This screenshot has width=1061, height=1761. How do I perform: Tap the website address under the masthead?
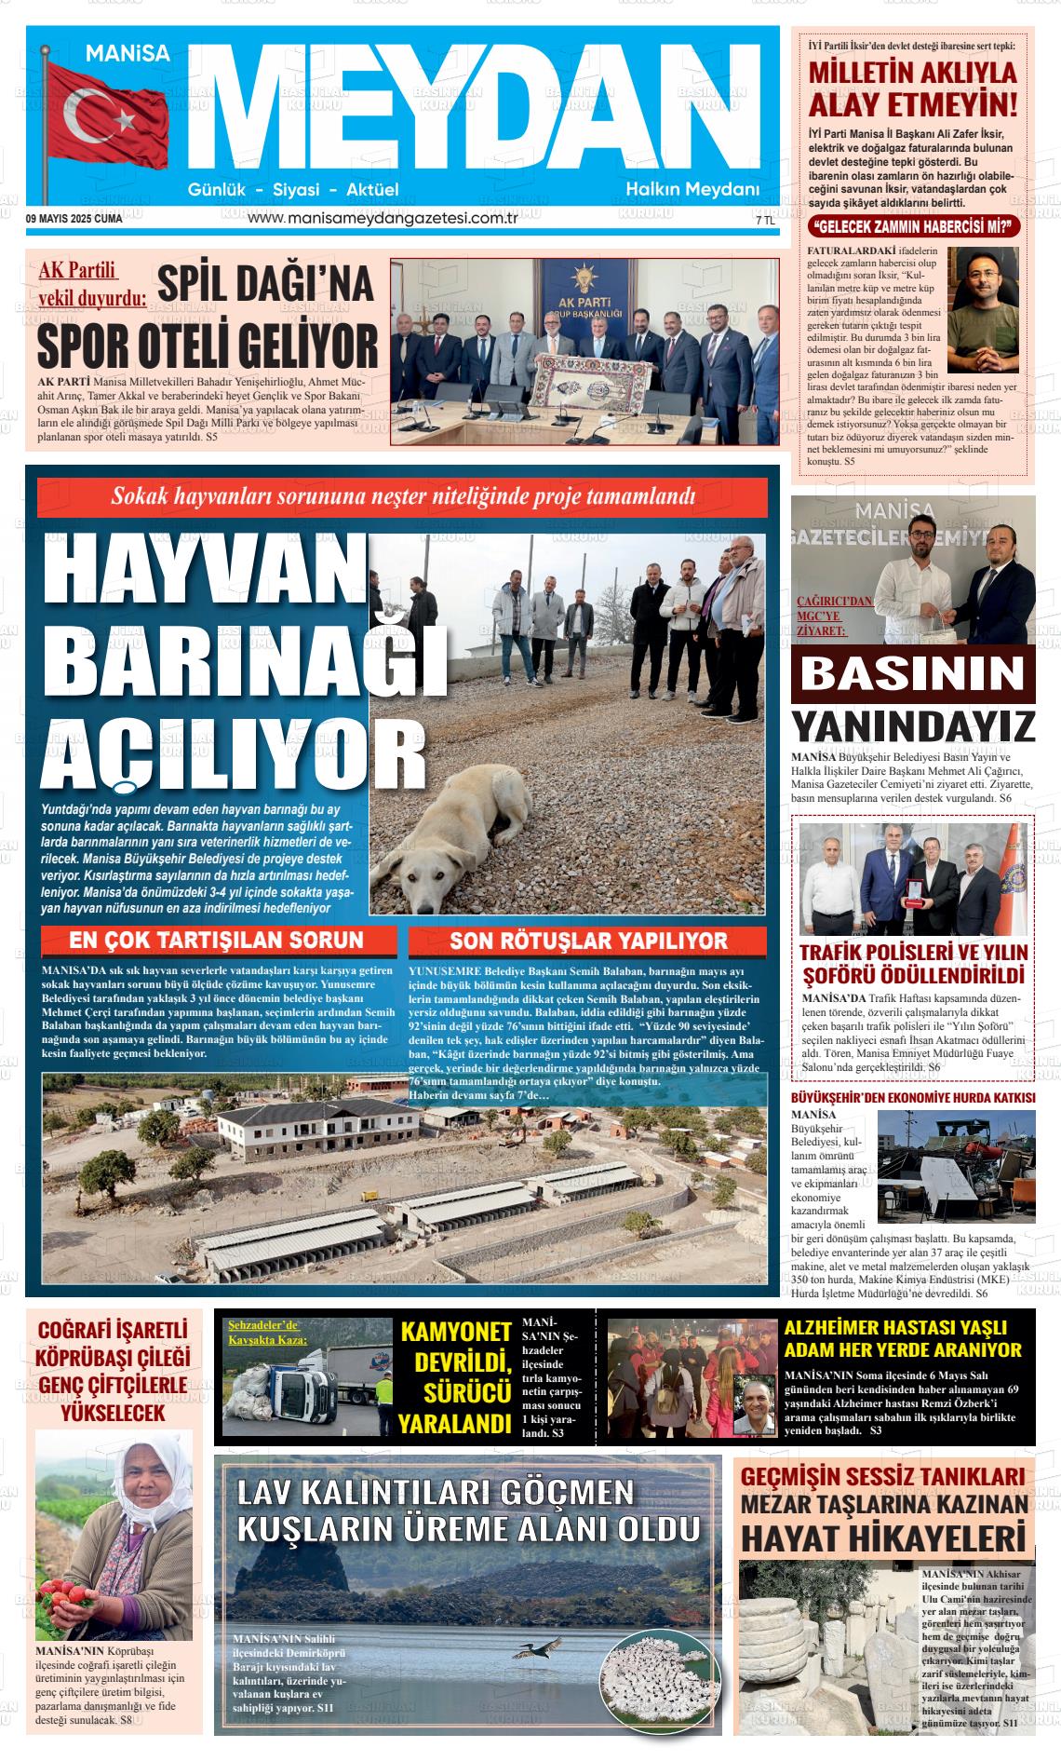tap(383, 219)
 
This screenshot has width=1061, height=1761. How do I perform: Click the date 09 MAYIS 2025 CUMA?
tap(74, 220)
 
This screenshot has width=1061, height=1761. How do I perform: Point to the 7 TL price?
tap(765, 222)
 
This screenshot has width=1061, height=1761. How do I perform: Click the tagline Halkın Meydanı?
tap(692, 190)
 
